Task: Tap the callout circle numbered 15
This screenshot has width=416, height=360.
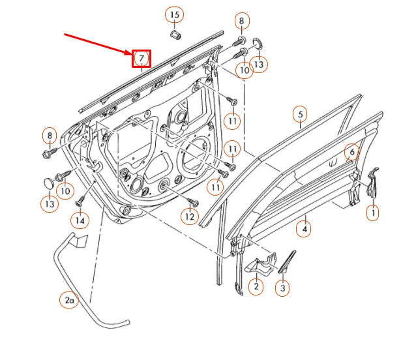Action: [173, 14]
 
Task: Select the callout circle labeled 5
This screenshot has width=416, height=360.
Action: [300, 115]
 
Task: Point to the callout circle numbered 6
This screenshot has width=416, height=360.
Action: [351, 152]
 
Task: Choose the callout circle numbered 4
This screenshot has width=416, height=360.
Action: [304, 228]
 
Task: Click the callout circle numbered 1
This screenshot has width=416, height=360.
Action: [372, 212]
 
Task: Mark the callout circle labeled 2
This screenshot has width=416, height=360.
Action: [256, 286]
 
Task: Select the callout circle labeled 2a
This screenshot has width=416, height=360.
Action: [69, 301]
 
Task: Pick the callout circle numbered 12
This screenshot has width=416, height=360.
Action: [189, 216]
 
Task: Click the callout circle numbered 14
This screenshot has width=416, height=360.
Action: [80, 220]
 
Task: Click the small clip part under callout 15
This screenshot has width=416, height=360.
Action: [174, 33]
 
